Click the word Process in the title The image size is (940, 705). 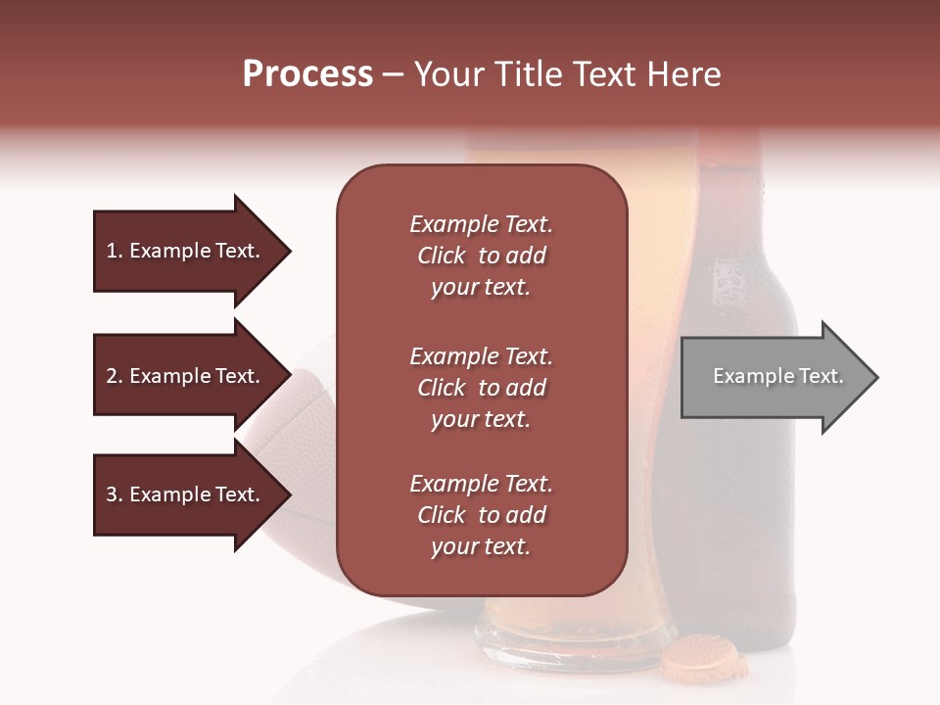[307, 74]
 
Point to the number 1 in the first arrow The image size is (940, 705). [112, 252]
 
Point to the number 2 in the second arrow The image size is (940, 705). [112, 377]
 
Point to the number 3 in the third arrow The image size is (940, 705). [112, 495]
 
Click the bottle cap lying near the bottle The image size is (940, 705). [703, 657]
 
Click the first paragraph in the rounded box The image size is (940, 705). [481, 256]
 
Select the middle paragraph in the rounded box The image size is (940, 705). [481, 388]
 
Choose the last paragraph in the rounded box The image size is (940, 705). [481, 515]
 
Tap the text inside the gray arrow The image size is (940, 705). [777, 376]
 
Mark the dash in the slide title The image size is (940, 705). [393, 75]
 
